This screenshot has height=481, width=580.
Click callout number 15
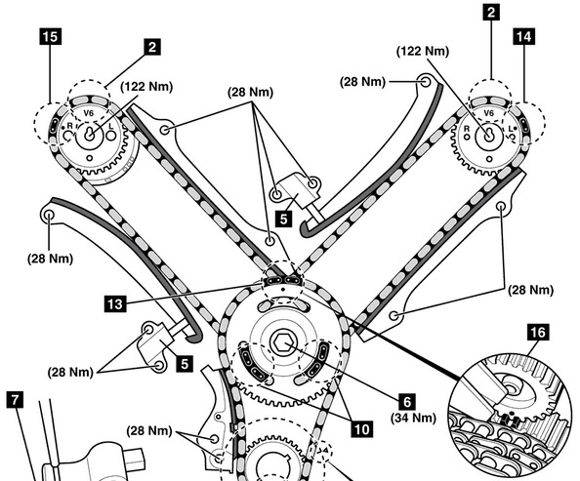tap(51, 36)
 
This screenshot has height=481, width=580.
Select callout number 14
tap(523, 36)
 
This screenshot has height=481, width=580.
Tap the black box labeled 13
tap(115, 303)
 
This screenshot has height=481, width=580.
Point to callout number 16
tap(538, 332)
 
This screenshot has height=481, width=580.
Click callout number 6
tap(406, 402)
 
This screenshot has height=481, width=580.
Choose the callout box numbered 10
tap(361, 429)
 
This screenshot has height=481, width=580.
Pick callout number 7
tap(15, 400)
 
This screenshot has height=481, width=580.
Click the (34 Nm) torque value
tap(414, 418)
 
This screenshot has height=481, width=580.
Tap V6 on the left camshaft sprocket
tap(88, 113)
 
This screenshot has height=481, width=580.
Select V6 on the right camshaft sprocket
tap(488, 113)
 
